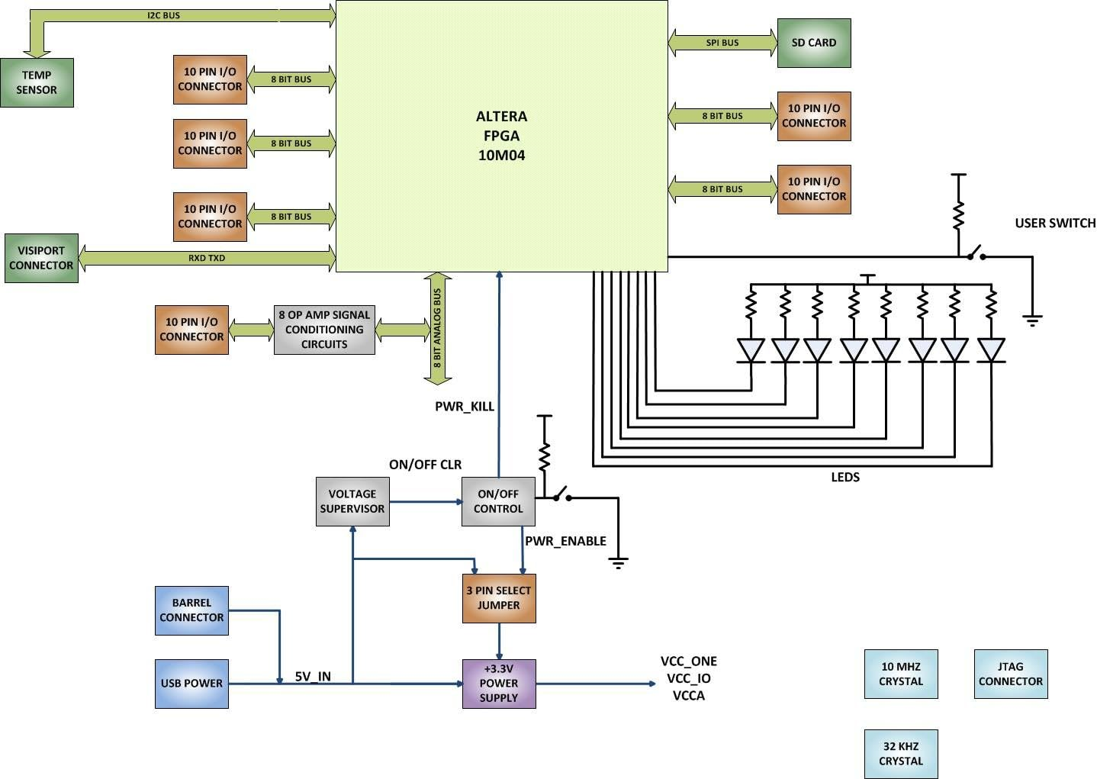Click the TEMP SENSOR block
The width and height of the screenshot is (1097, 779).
pyautogui.click(x=37, y=82)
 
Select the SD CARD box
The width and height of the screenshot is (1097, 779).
pyautogui.click(x=813, y=43)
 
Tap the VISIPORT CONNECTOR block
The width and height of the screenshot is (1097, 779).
pyautogui.click(x=41, y=258)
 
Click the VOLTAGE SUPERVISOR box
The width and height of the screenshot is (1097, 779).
pyautogui.click(x=352, y=501)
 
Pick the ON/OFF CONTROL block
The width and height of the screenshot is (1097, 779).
pyautogui.click(x=498, y=501)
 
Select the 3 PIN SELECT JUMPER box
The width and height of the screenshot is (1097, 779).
pyautogui.click(x=499, y=598)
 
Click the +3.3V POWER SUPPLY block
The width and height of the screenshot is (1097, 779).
pyautogui.click(x=499, y=684)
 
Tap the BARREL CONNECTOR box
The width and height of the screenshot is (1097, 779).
pyautogui.click(x=191, y=610)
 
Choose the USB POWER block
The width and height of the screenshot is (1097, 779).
pyautogui.click(x=191, y=684)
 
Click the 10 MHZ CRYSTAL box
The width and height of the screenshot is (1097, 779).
pyautogui.click(x=900, y=674)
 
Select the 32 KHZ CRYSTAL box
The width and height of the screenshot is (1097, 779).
pyautogui.click(x=900, y=754)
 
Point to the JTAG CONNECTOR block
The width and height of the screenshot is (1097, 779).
pyautogui.click(x=1010, y=674)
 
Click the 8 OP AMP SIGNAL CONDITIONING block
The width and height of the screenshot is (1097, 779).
pyautogui.click(x=324, y=330)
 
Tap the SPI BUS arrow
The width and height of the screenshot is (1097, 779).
pyautogui.click(x=722, y=43)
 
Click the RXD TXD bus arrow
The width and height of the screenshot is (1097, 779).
pyautogui.click(x=207, y=258)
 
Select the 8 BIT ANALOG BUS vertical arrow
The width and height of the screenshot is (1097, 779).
pyautogui.click(x=437, y=328)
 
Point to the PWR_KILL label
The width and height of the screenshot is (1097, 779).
pyautogui.click(x=465, y=407)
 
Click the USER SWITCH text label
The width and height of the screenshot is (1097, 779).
pyautogui.click(x=1055, y=223)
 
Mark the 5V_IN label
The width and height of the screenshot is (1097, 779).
pyautogui.click(x=313, y=676)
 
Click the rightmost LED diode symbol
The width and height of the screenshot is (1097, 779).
pyautogui.click(x=991, y=350)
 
